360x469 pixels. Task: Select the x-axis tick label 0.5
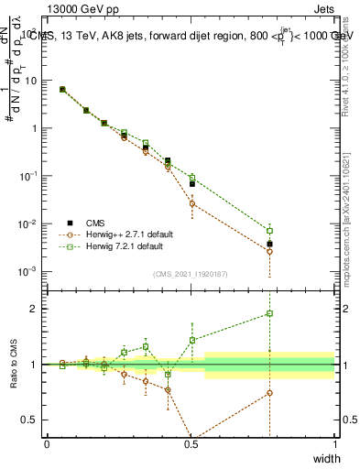(191, 444)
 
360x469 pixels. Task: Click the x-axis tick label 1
(334, 444)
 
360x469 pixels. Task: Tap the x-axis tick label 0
(47, 444)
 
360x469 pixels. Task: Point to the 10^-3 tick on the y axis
(29, 272)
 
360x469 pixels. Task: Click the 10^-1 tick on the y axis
(29, 176)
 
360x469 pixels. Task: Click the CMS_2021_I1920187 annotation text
(191, 274)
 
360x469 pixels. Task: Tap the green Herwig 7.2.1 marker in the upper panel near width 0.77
(269, 231)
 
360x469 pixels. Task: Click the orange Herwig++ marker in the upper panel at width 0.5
(192, 203)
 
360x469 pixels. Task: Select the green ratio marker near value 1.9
(269, 313)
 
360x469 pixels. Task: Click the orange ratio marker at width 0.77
(269, 393)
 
